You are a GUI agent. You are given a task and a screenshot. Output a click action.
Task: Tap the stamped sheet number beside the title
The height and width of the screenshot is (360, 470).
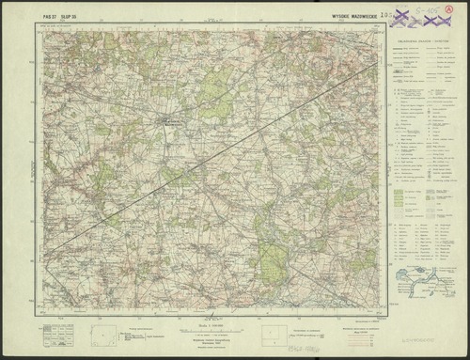tap(382, 16)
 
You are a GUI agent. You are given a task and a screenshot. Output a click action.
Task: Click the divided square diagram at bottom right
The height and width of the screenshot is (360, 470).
tap(269, 334)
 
